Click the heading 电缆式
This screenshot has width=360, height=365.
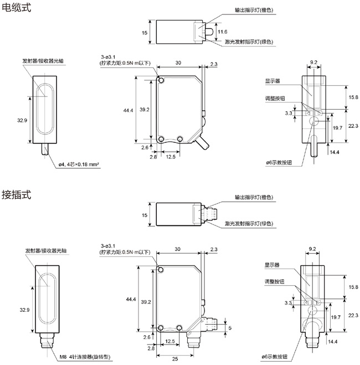17,8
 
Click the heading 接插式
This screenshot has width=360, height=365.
17,194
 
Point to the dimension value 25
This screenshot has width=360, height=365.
176,359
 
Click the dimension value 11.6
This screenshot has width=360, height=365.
221,33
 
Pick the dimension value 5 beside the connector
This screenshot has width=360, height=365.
230,327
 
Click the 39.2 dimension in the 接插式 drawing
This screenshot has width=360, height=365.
145,302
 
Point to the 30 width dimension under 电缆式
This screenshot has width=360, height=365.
178,63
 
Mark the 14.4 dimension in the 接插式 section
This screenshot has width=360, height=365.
333,342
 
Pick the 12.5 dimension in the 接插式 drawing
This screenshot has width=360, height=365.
171,341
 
